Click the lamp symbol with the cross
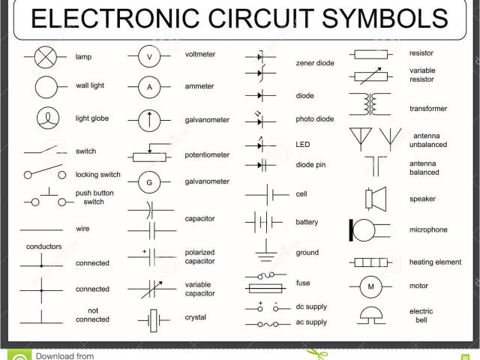click(46, 57)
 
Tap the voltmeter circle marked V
click(149, 57)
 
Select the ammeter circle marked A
click(149, 87)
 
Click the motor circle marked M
click(370, 286)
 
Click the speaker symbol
click(371, 198)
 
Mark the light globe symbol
click(46, 118)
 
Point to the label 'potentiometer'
click(207, 154)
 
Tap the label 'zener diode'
click(315, 63)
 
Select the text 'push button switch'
click(94, 197)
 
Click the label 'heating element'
click(435, 262)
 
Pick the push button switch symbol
click(43, 200)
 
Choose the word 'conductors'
click(43, 246)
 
